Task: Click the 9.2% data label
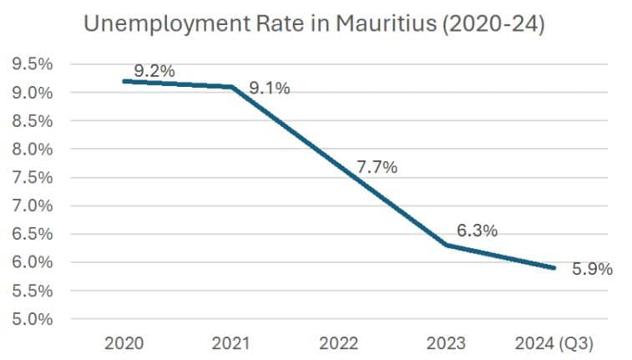coord(154,71)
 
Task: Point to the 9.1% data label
coord(270,88)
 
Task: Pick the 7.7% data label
coord(377,167)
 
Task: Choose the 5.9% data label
coord(593,269)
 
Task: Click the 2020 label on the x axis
coord(124,343)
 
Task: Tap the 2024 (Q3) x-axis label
coord(554,343)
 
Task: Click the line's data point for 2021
coord(232,86)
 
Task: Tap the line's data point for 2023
coord(447,245)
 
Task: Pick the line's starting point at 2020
coord(124,81)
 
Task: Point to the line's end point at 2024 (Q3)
coord(554,267)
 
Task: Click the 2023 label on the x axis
coord(447,343)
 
